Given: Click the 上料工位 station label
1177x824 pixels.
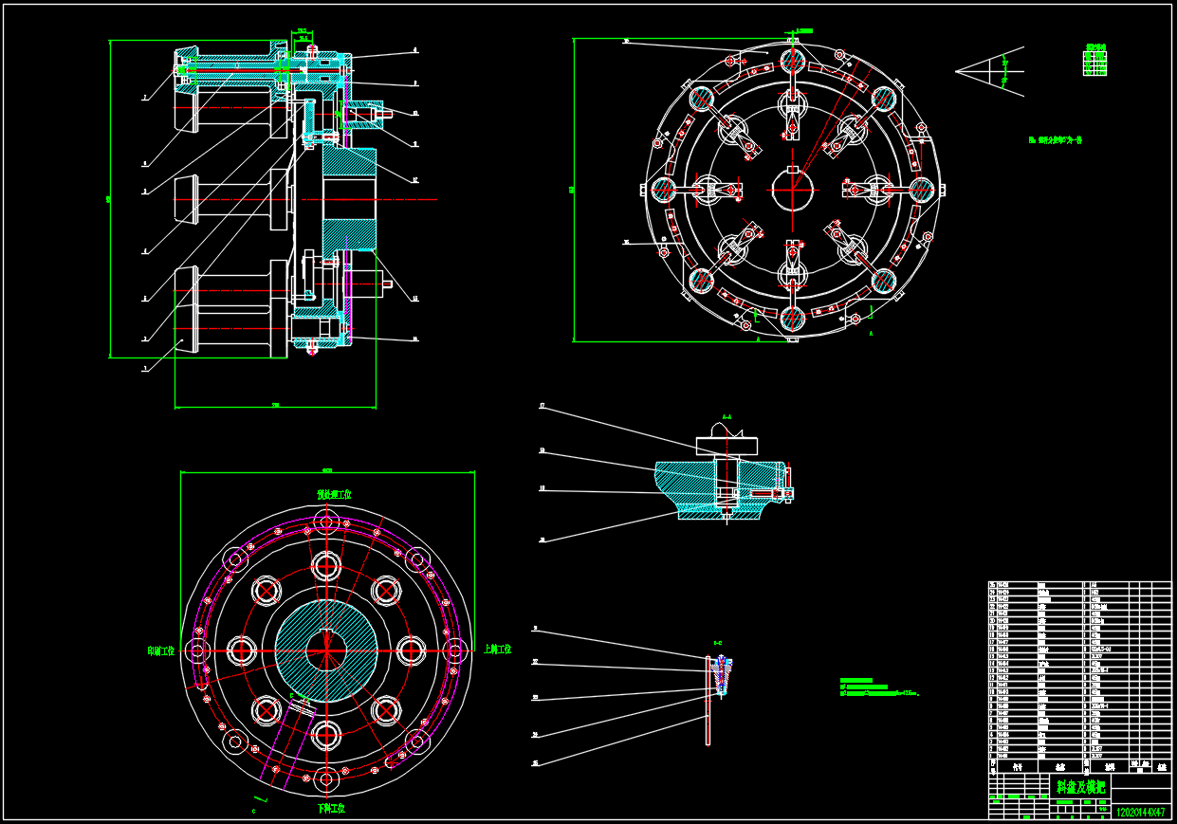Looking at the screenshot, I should pos(496,650).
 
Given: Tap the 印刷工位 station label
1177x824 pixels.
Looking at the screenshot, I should pos(161,651).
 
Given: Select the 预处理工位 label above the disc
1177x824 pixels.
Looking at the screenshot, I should pos(334,495).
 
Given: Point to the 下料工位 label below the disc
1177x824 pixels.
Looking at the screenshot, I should pos(330,809).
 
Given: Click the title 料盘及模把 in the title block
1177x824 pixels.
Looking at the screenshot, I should pos(1079,786).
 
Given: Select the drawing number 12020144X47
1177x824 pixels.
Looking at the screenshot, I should pos(1140,813).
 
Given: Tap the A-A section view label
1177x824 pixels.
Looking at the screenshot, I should pos(726,416).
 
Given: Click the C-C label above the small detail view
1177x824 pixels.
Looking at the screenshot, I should pos(718,644).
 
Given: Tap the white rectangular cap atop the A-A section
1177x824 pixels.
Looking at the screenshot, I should pos(727,445).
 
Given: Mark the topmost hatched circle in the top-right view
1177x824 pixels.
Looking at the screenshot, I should pos(792,59).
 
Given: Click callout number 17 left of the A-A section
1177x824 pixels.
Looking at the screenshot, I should pos(543,407).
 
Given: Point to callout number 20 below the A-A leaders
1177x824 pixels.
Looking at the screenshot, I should pos(543,540).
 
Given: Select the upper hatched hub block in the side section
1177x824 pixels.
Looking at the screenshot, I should pos(348,169).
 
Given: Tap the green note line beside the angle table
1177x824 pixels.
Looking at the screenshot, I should pos(1056,139).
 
